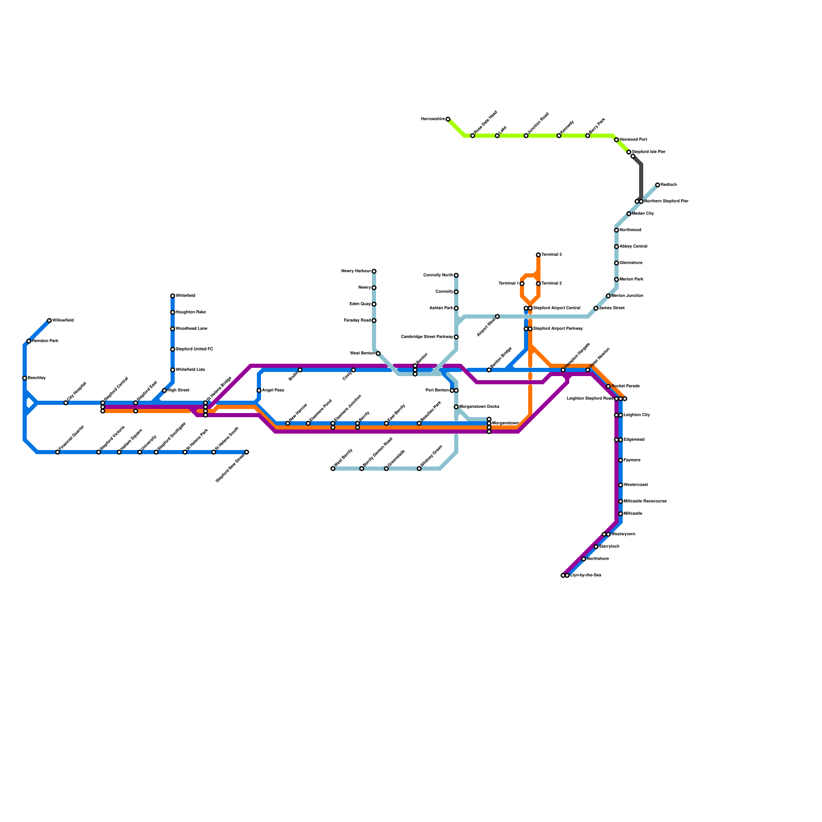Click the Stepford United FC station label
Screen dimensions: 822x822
point(194,349)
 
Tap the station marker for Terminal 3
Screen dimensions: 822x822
point(538,255)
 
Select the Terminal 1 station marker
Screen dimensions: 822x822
point(522,284)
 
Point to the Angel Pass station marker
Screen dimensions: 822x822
point(259,390)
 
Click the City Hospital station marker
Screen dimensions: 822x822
point(66,403)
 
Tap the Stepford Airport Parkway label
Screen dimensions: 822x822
point(558,329)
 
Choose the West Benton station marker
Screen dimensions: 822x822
point(378,353)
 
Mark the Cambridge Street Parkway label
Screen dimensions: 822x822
point(427,337)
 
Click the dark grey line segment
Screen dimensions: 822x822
point(641,180)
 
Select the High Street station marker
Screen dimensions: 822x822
point(164,390)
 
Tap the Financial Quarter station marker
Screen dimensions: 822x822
point(58,452)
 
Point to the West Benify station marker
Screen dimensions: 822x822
point(333,469)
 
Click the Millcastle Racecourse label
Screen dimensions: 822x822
point(645,501)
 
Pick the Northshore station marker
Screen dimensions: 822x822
point(584,559)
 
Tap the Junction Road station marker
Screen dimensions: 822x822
point(526,136)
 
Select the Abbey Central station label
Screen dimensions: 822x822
point(633,247)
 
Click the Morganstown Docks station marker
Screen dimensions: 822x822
point(456,407)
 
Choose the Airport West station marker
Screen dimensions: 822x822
point(497,316)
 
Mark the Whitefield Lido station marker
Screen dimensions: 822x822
point(173,370)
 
